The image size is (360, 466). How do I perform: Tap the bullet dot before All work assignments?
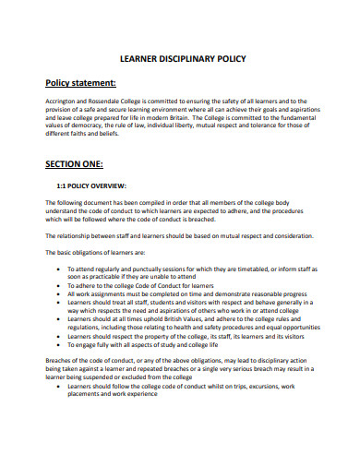tap(58, 293)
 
